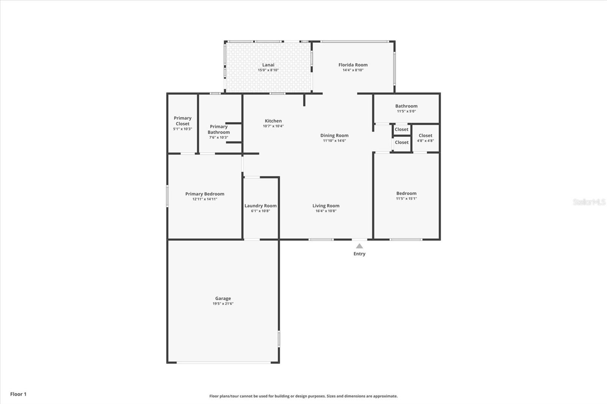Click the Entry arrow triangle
pos(359,246)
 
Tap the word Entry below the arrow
pos(359,254)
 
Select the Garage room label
pos(223,298)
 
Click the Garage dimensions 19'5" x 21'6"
pos(223,304)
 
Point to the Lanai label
pos(268,65)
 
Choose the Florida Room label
pos(353,65)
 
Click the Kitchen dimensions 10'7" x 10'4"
pos(273,126)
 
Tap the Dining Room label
pos(334,135)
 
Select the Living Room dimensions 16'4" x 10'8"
pos(326,211)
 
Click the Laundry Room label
pos(260,206)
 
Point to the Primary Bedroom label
pos(204,194)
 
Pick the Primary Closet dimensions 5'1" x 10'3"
pos(182,129)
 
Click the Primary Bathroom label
pos(219,130)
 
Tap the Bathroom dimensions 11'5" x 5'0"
pos(406,111)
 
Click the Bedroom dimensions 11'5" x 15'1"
pos(406,199)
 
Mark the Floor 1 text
pos(19,394)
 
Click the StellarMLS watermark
pos(589,202)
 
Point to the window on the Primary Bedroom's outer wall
pos(167,196)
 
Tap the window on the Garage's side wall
pos(279,338)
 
